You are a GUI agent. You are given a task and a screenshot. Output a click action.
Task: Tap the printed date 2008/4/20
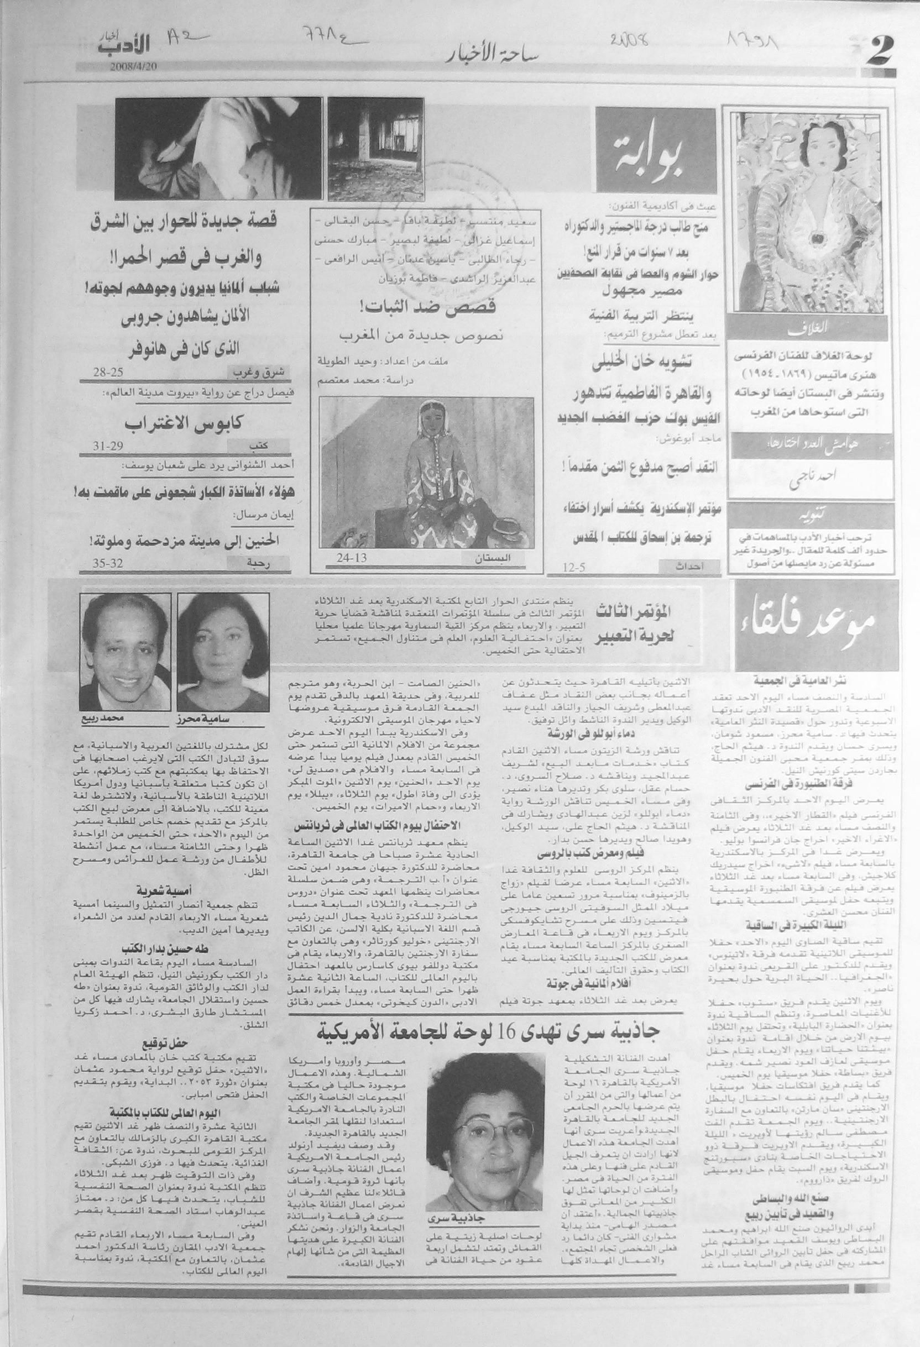(x=133, y=65)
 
